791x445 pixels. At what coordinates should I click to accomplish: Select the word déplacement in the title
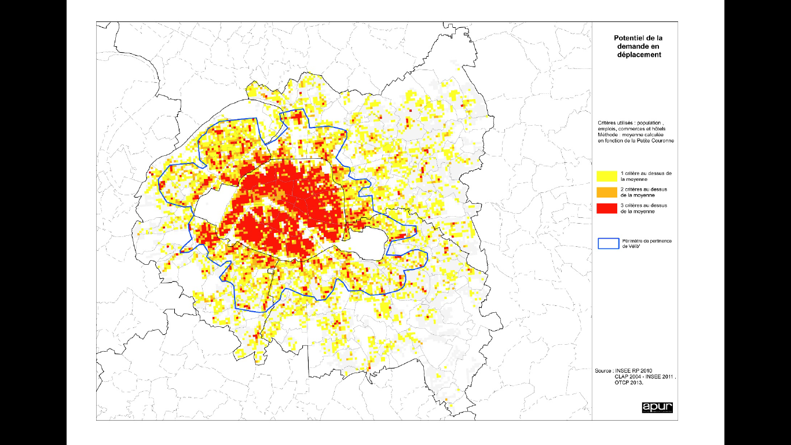pyautogui.click(x=639, y=54)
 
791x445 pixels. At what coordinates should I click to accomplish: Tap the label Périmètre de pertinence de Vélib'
pyautogui.click(x=646, y=243)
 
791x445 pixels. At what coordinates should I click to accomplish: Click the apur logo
pyautogui.click(x=657, y=407)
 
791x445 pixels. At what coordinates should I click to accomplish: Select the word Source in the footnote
pyautogui.click(x=604, y=370)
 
